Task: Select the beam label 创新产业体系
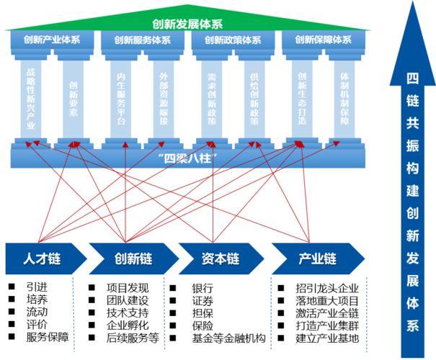[x=52, y=40]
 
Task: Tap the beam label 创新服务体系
[x=142, y=40]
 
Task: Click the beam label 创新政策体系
[x=232, y=40]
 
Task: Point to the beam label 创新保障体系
[x=324, y=40]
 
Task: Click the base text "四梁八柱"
[x=187, y=156]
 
